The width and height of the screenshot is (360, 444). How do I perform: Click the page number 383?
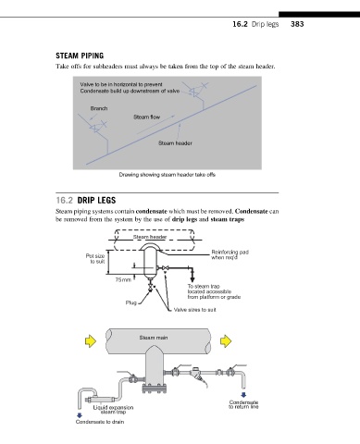(x=297, y=24)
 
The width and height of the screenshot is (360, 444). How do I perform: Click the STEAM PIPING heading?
(x=80, y=55)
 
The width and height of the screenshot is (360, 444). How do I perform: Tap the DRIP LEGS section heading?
(x=96, y=201)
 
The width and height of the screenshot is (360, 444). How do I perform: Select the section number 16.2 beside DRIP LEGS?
(x=65, y=201)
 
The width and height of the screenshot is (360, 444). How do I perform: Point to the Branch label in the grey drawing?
(x=99, y=108)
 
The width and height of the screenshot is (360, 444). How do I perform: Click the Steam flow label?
(x=147, y=117)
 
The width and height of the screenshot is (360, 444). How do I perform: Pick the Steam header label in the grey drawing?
(x=175, y=143)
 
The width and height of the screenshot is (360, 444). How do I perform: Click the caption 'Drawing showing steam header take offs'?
(x=168, y=175)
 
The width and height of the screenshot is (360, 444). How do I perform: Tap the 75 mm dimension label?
(x=123, y=280)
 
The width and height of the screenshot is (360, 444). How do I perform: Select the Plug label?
(x=131, y=302)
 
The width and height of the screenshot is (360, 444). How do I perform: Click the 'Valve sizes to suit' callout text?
(x=194, y=310)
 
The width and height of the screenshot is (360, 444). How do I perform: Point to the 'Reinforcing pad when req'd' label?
(x=230, y=254)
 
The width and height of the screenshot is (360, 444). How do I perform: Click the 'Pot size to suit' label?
(x=95, y=259)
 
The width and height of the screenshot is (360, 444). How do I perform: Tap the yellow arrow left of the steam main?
(x=91, y=341)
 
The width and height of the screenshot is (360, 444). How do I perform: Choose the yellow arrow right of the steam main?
(x=226, y=341)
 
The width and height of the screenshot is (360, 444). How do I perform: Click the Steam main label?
(x=154, y=338)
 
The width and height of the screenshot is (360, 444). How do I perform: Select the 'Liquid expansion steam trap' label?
(x=113, y=410)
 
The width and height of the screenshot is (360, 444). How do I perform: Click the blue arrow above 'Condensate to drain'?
(x=80, y=415)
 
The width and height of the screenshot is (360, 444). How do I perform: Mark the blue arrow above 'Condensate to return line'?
(x=243, y=395)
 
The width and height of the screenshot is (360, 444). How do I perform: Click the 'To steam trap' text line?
(x=204, y=286)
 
